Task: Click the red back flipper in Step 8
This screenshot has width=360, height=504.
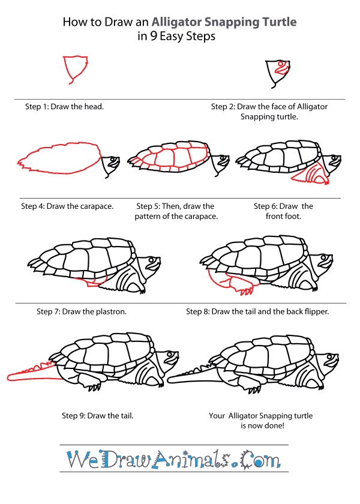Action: tap(231, 283)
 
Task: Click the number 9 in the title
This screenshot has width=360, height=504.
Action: tap(153, 37)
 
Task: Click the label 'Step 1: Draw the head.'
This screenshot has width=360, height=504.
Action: tap(64, 107)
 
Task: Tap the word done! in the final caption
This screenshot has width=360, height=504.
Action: tap(270, 425)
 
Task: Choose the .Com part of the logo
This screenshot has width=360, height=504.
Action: tap(258, 461)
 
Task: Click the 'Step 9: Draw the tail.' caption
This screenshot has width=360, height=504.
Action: tap(98, 415)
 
